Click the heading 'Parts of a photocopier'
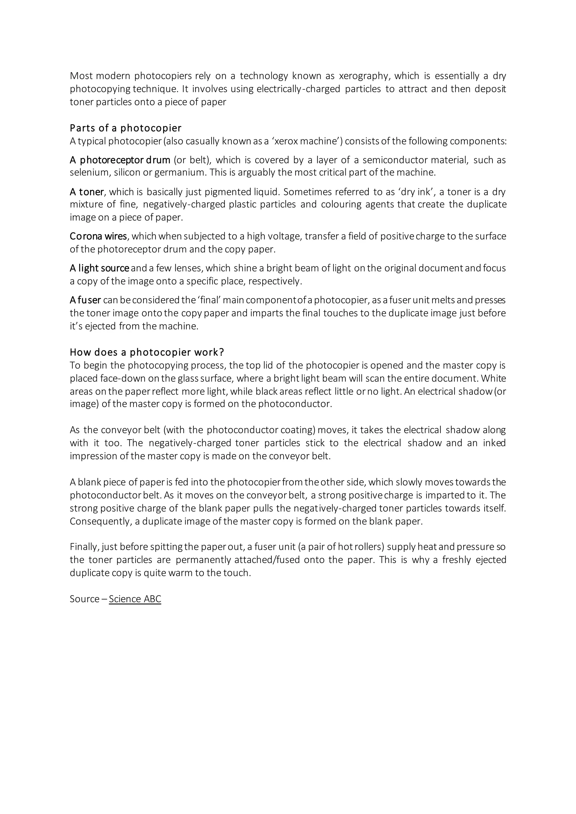[x=125, y=128]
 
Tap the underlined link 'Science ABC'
[x=135, y=599]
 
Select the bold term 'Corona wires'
[x=98, y=236]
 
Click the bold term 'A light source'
[x=99, y=268]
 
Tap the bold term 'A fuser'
[x=85, y=300]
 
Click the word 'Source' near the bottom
[x=84, y=599]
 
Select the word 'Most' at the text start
[x=81, y=76]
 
